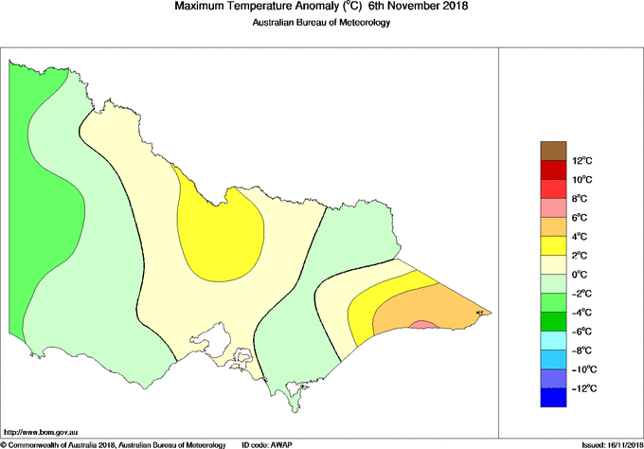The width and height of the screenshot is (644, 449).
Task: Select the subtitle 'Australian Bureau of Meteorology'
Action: tap(321, 23)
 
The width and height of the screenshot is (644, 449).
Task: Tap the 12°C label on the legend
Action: tap(581, 160)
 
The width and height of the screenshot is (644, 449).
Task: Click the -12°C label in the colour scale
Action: tap(581, 388)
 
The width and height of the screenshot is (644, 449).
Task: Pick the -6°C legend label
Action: tap(581, 332)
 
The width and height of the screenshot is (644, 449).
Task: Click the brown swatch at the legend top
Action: tap(553, 150)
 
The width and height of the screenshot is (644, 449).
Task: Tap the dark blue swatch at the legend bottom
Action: tap(553, 398)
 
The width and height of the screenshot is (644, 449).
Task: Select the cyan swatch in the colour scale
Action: tap(553, 341)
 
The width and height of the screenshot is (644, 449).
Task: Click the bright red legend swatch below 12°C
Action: tap(553, 170)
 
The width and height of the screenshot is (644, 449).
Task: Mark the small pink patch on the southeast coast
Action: tap(423, 325)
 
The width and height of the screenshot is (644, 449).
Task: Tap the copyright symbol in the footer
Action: tap(5, 443)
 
